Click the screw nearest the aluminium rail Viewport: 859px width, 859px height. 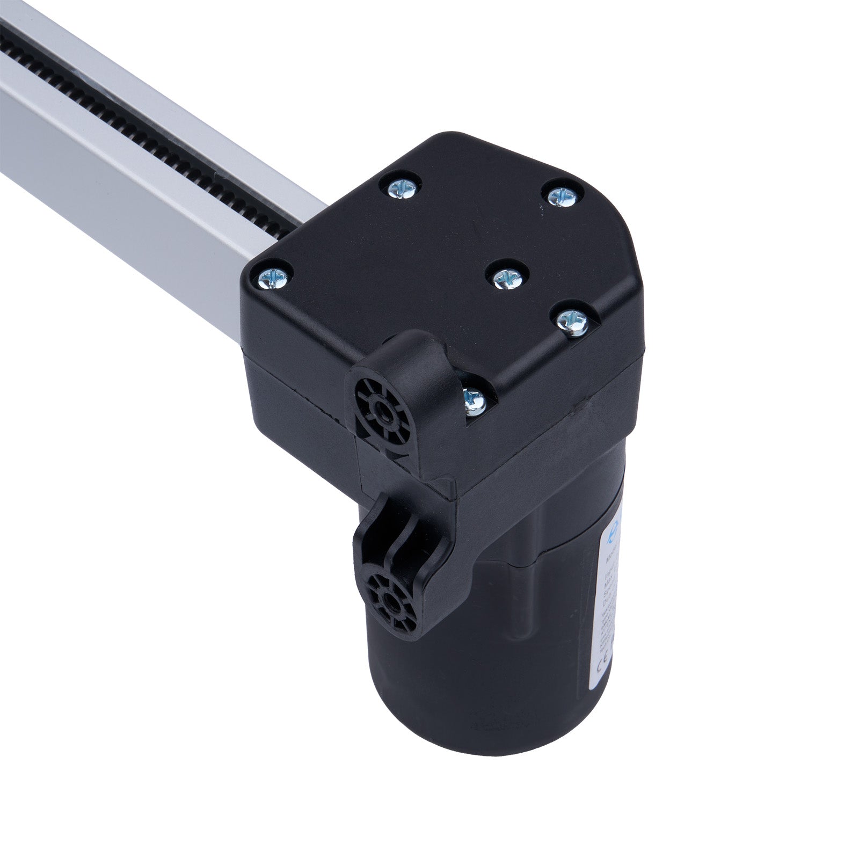point(272,278)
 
